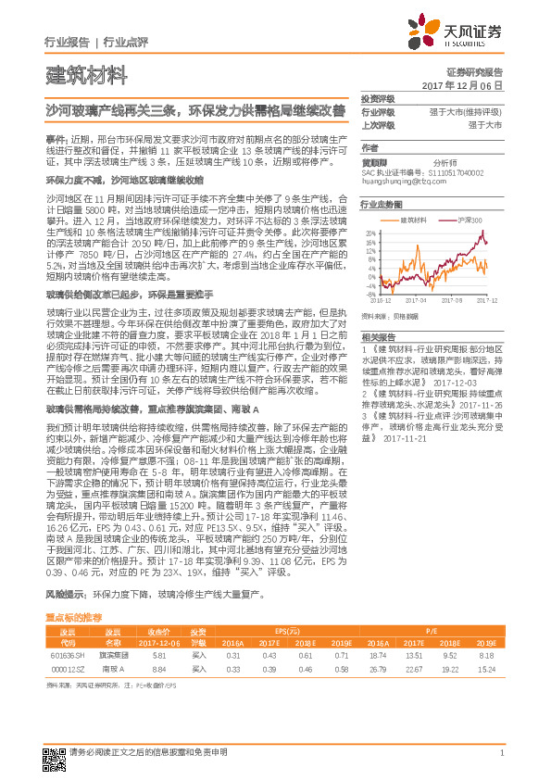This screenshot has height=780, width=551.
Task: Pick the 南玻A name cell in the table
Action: coord(113,667)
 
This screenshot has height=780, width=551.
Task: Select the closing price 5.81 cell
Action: coord(158,655)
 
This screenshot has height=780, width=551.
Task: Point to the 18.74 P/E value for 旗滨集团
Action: coord(375,655)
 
